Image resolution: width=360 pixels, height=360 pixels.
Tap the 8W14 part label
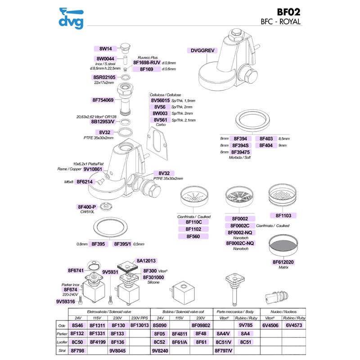[108, 49]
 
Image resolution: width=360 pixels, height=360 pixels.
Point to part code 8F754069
[103, 100]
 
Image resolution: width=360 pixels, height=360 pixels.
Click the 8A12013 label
[146, 261]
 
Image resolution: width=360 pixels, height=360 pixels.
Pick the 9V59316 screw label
[65, 301]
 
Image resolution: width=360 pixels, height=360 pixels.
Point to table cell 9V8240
[160, 350]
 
